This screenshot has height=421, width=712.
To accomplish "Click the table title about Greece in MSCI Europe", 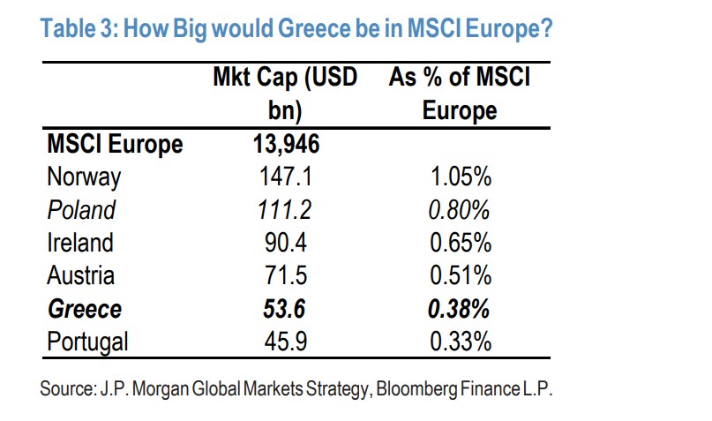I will pos(297,28).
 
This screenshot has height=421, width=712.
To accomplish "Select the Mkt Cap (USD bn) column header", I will pos(285,94).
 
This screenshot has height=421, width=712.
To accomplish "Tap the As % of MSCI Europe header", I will pos(459,94).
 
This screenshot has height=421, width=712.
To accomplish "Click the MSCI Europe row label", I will pos(115,144).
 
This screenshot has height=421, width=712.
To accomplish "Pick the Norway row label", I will pos(84,177).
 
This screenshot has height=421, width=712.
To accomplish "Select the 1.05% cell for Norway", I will pos(460,177).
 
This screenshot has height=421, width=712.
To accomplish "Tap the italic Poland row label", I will pos(81,210).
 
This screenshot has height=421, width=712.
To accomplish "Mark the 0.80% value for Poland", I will pos(460,210).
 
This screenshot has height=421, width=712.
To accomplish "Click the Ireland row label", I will pos(80,243).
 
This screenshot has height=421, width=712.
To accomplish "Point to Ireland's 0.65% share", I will pos(460,243).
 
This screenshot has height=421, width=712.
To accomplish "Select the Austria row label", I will pos(80,275).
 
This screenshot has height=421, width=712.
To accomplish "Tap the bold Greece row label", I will pos(85,309).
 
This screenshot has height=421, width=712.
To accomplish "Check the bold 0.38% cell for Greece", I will pos(460,309).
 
